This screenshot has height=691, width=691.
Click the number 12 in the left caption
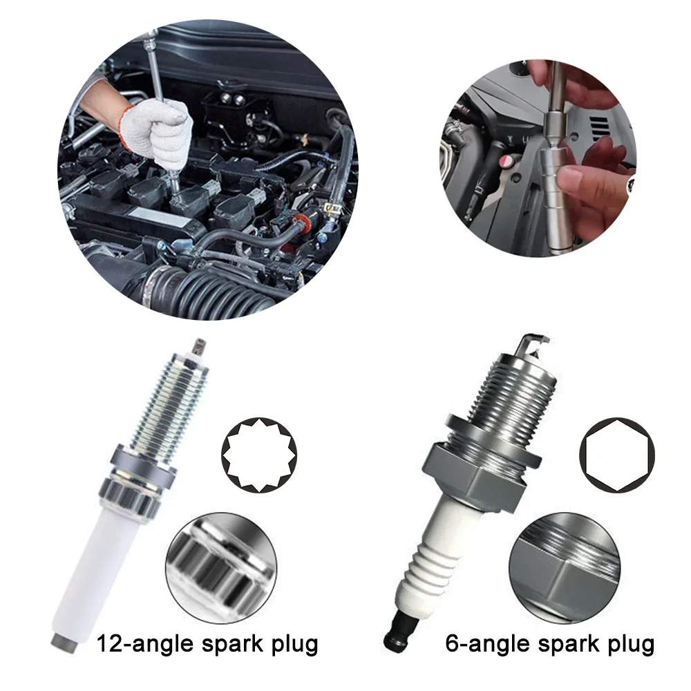(111, 644)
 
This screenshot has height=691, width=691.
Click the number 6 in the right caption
(453, 644)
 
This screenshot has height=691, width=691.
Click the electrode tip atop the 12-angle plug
(198, 343)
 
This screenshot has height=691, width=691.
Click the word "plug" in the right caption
(626, 644)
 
